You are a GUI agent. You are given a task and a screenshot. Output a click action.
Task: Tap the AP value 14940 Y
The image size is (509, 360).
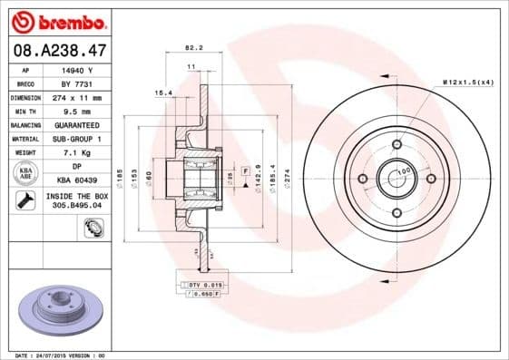point(77,71)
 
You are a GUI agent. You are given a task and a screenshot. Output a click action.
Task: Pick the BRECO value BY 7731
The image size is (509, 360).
point(77,83)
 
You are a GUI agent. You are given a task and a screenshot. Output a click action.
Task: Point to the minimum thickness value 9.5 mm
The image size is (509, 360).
point(77,111)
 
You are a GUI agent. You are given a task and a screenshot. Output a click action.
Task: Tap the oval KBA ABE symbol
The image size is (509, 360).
point(25,172)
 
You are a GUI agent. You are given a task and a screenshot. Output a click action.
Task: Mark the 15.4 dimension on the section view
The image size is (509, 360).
point(163,92)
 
